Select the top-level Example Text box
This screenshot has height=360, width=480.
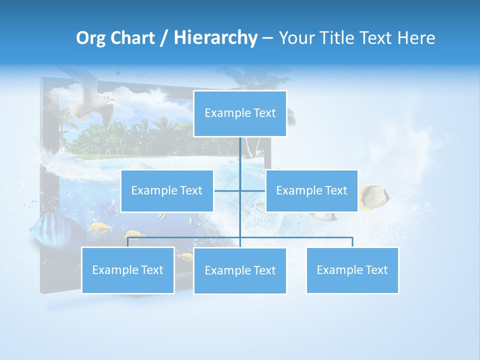click(240, 113)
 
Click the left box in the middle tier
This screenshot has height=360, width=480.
click(167, 191)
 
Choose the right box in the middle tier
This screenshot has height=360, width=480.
click(311, 191)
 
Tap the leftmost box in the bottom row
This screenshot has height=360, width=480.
click(128, 270)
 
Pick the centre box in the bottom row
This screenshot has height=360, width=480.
click(240, 271)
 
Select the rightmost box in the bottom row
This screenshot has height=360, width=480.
click(352, 270)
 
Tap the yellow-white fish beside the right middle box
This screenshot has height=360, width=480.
click(374, 196)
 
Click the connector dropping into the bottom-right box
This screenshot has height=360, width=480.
click(352, 242)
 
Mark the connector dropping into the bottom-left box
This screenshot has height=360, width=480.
click(128, 242)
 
